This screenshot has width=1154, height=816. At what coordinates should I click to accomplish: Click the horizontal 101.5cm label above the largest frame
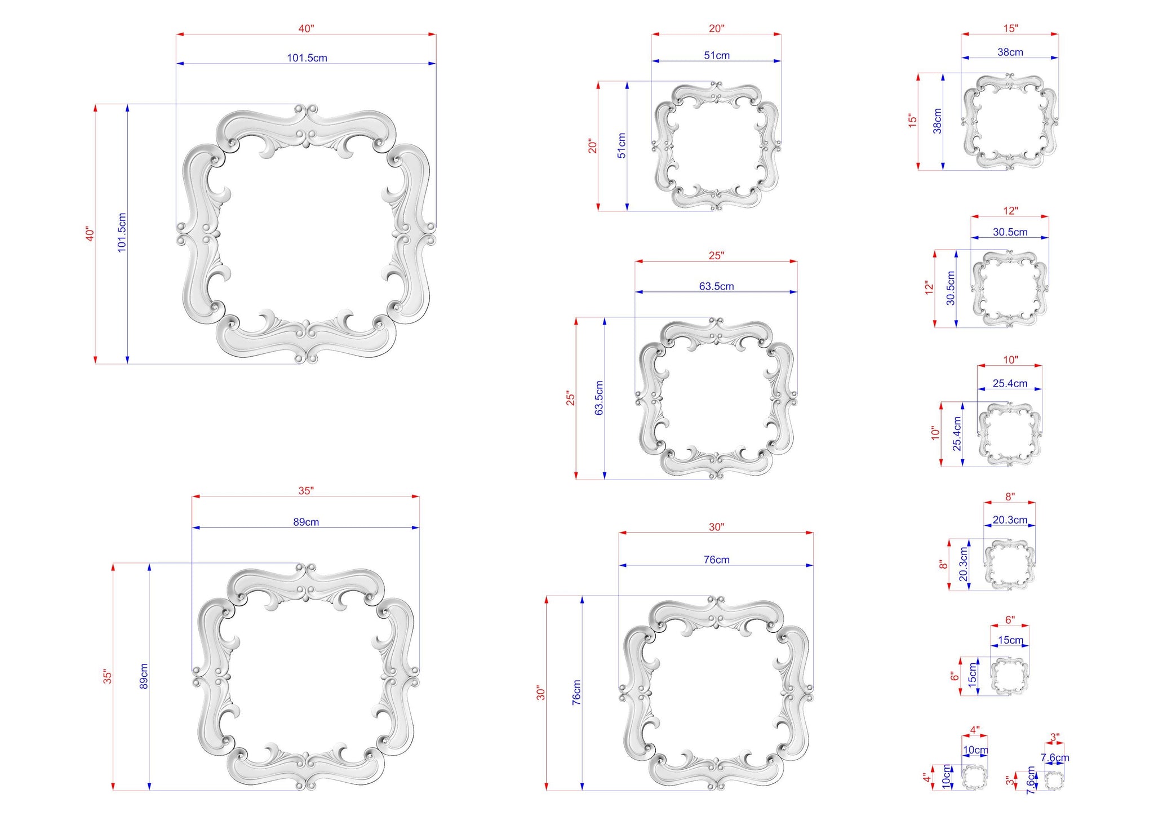307,57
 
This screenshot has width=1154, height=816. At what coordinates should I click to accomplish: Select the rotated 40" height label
90,234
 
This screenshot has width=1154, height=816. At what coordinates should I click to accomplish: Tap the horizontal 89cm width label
306,522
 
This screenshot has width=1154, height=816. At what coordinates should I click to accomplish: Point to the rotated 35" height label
108,676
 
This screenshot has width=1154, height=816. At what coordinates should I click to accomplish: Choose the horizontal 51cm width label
717,55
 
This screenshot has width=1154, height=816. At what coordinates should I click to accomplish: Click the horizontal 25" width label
716,255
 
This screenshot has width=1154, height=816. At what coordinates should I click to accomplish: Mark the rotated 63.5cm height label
599,398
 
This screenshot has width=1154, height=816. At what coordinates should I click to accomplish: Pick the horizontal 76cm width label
717,560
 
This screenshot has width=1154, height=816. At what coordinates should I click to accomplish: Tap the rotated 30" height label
541,693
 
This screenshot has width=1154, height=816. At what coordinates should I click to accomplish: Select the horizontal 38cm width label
1010,52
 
